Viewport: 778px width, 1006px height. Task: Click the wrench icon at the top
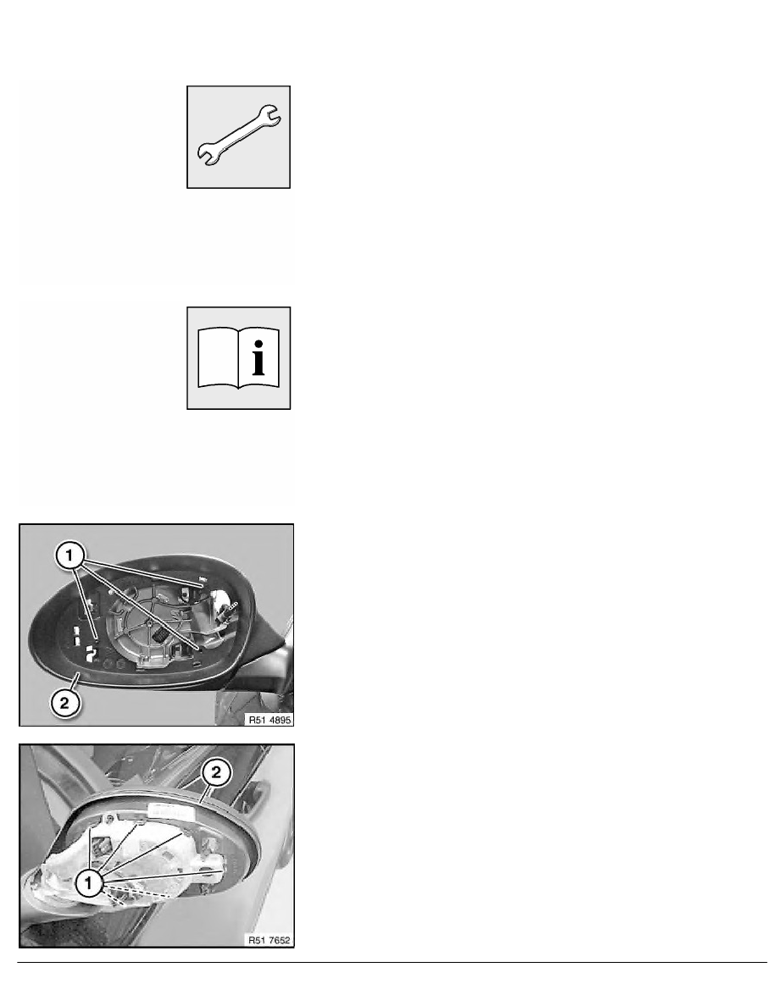241,135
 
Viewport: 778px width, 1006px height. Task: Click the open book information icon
240,357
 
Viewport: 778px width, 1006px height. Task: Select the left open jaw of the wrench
205,153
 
